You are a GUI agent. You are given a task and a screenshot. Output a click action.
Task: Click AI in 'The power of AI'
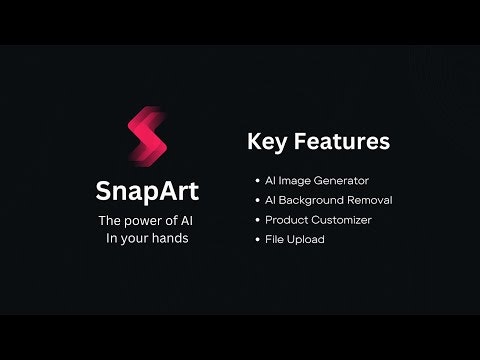(x=188, y=220)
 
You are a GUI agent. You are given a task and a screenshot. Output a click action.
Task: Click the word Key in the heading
(x=267, y=142)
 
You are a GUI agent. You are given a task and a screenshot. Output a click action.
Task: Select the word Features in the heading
(x=339, y=142)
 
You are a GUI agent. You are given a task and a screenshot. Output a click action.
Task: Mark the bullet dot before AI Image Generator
(x=256, y=181)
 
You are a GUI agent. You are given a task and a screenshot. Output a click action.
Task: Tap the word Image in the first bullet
(x=296, y=181)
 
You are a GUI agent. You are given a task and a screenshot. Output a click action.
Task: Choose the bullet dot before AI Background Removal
(x=256, y=200)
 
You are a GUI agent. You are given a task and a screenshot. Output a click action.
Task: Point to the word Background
(x=313, y=200)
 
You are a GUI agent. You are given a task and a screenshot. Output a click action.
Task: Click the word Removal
(x=370, y=200)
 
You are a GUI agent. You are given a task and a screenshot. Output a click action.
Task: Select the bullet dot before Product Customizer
(x=256, y=220)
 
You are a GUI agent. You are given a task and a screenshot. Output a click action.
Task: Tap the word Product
(x=286, y=220)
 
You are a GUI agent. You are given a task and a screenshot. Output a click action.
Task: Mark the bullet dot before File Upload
(x=256, y=240)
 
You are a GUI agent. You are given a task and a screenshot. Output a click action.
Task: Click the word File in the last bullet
(x=276, y=240)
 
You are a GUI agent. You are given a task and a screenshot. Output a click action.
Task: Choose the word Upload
(x=307, y=240)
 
